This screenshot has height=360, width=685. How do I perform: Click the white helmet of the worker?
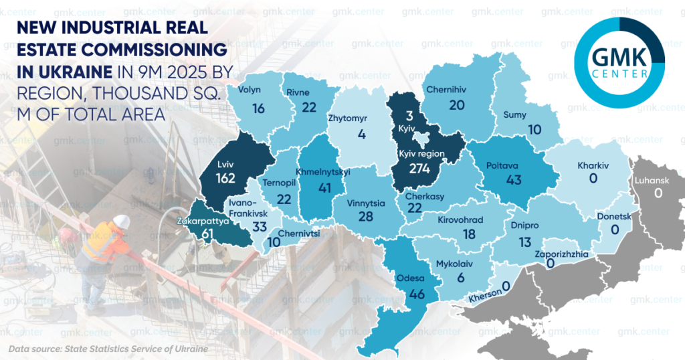click(x=121, y=221)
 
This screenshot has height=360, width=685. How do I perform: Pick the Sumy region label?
click(x=514, y=115)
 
